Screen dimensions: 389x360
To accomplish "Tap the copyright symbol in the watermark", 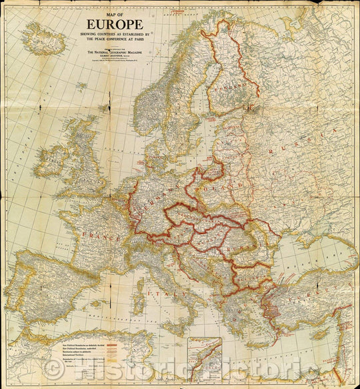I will pos(50,369).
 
